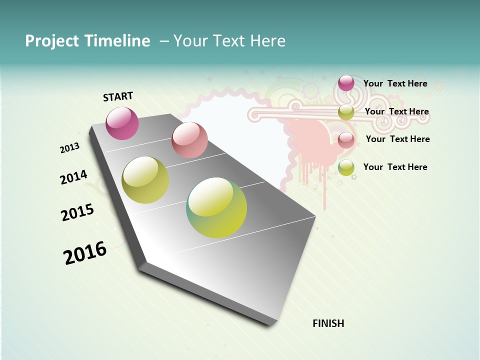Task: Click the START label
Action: (118, 96)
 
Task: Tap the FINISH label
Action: (328, 323)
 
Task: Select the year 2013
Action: (69, 148)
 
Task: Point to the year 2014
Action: (73, 177)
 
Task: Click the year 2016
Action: (85, 253)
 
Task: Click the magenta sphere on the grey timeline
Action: (122, 123)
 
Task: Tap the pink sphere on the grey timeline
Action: (189, 140)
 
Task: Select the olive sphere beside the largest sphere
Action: (145, 180)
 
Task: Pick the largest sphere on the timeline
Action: (216, 207)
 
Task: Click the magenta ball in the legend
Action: (346, 83)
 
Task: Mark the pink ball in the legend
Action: (346, 140)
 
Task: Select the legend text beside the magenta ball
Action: (395, 83)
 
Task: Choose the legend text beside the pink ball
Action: (397, 139)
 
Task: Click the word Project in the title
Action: (52, 41)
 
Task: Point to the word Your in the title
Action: (190, 41)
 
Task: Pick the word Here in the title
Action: (268, 41)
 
